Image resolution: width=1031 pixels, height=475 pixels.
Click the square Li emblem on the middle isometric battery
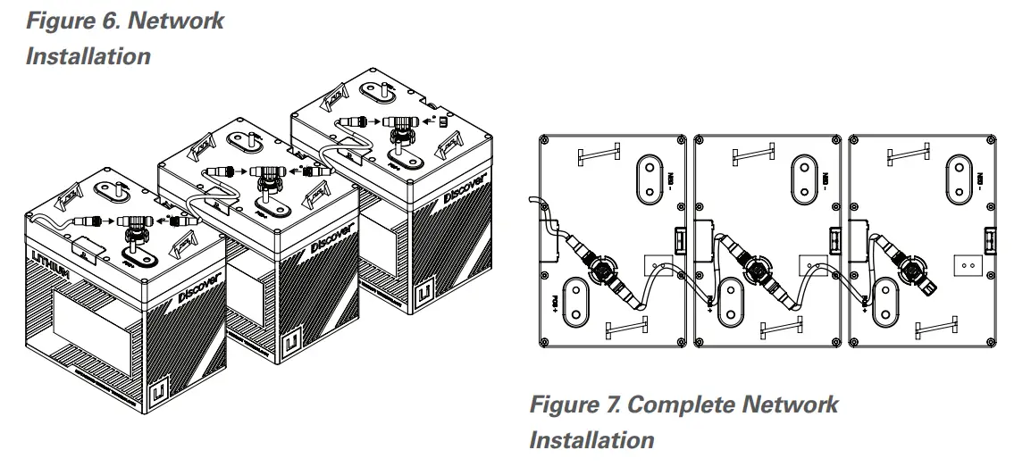click(x=291, y=343)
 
